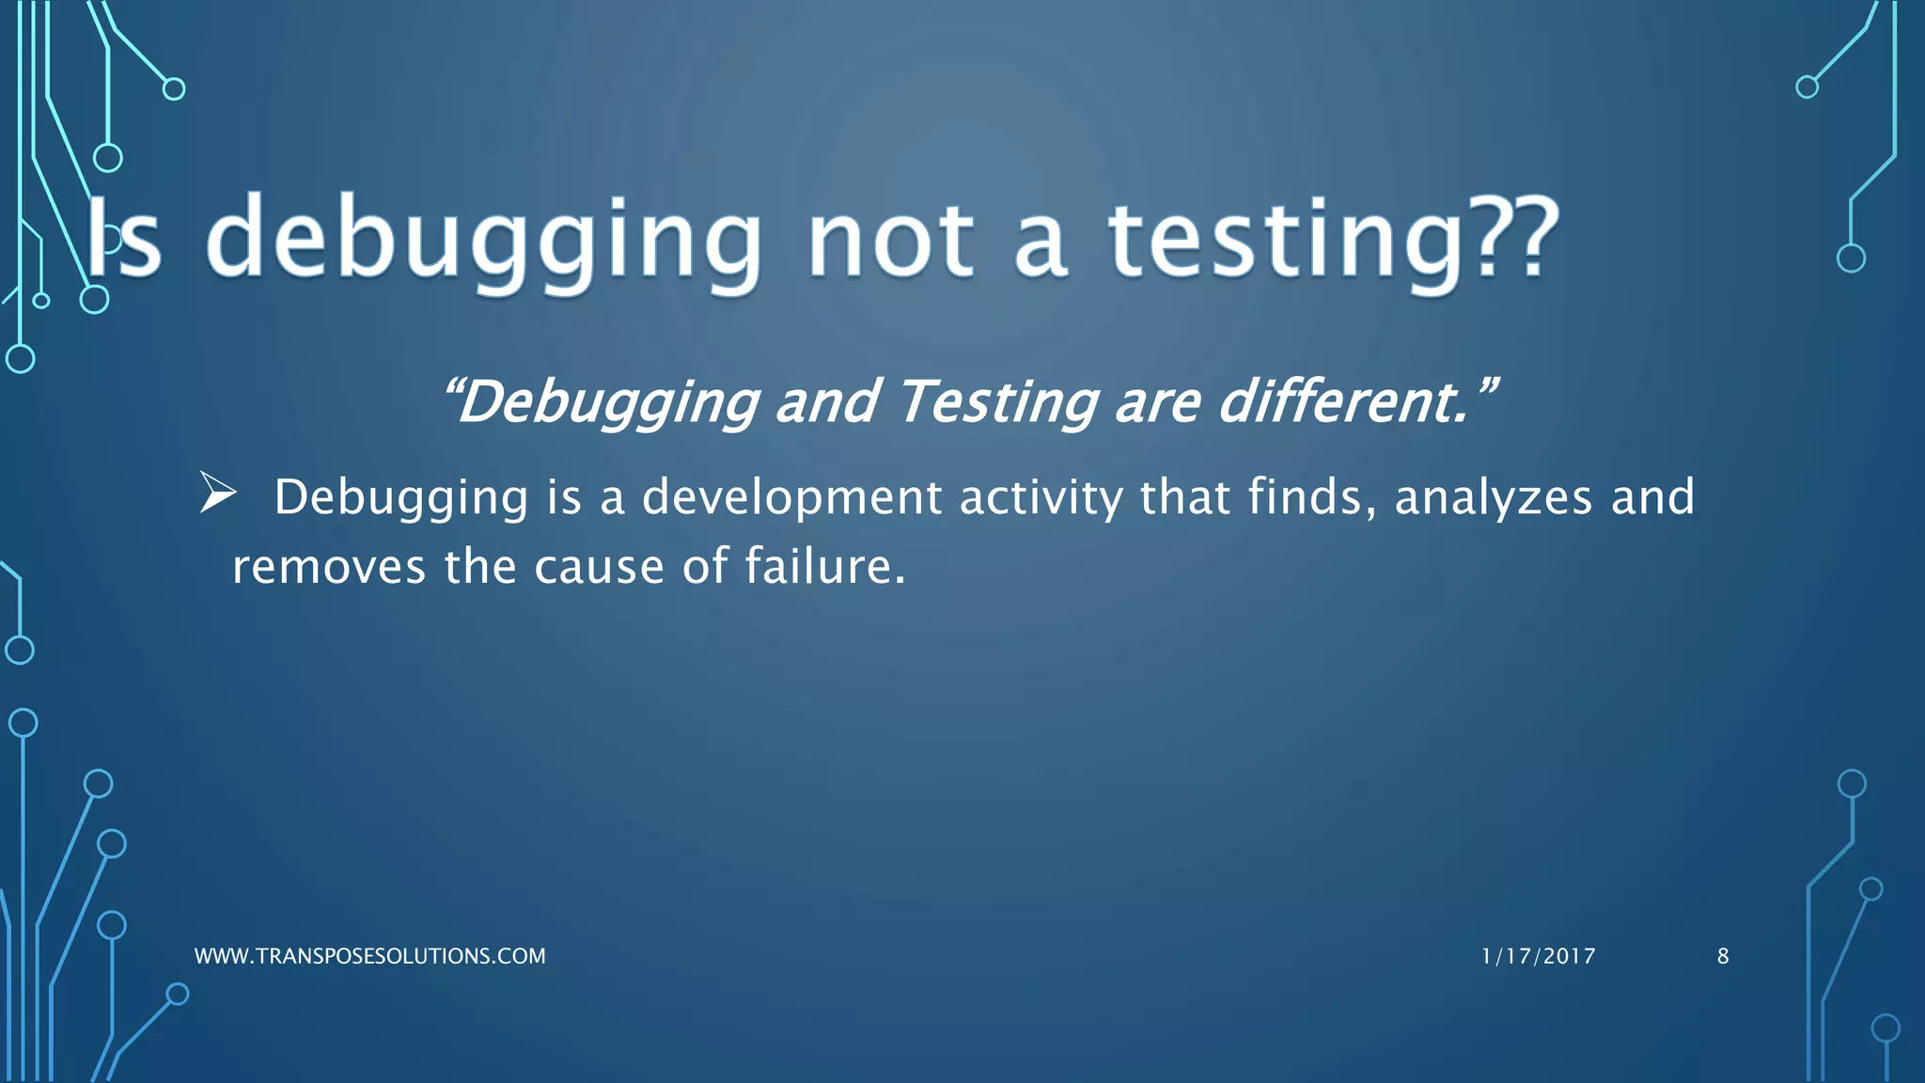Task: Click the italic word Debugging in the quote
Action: coord(606,402)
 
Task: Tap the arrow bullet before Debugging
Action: coord(218,494)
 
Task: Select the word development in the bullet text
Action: coord(791,497)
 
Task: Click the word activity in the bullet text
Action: coord(1041,497)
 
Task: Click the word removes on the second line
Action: coord(329,567)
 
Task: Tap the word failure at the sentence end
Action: coord(824,567)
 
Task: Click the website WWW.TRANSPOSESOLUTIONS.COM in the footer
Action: coord(369,956)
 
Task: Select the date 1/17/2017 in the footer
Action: coord(1538,956)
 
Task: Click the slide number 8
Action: coord(1723,956)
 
